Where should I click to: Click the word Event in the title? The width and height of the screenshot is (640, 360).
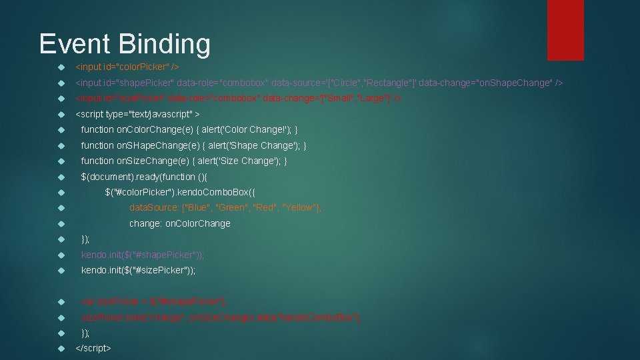pos(75,44)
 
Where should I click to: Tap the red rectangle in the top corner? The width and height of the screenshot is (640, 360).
pos(565,29)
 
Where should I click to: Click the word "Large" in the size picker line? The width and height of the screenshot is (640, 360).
pos(373,98)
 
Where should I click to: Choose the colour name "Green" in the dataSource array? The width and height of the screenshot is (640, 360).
pos(233,208)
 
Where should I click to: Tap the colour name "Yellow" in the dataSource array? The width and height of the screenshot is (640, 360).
pos(301,208)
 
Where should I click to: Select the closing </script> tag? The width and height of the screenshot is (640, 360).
pos(93,348)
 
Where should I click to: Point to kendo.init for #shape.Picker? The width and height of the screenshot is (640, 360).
pos(142,255)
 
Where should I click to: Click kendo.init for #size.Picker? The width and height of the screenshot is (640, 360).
pos(138,270)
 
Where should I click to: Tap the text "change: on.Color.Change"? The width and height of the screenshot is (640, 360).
pos(179,223)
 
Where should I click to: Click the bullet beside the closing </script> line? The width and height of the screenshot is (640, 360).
pos(60,348)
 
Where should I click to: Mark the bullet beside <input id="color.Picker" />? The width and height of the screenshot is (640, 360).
pos(60,67)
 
